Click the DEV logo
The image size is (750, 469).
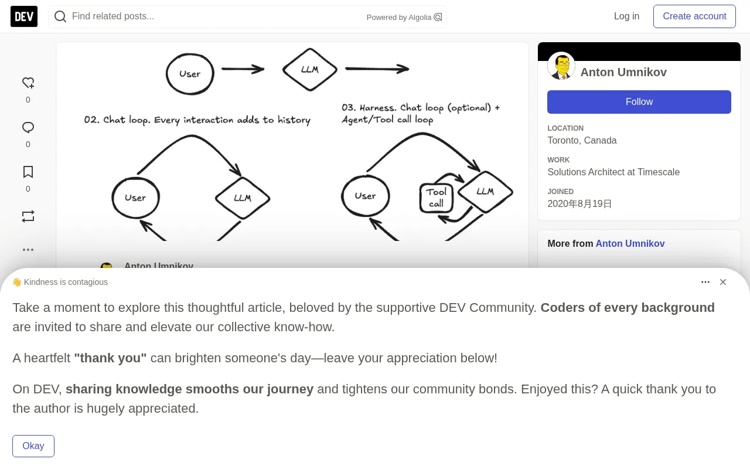coord(24,16)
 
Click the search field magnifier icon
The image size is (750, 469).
coord(60,16)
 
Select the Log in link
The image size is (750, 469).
coord(626,16)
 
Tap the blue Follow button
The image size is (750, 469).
coord(639,102)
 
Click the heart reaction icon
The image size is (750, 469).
coord(28,83)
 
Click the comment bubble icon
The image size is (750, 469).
coord(28,128)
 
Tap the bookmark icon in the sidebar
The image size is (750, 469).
coord(28,172)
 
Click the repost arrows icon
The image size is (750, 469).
coord(28,216)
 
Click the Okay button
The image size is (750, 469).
coord(33,446)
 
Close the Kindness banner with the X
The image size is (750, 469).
coord(723,282)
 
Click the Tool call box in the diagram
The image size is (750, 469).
coord(437,198)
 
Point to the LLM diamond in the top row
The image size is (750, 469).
coord(310,69)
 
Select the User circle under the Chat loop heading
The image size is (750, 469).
coord(135,198)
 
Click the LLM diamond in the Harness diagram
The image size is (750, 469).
coord(485,192)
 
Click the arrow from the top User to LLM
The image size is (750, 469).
coord(243,69)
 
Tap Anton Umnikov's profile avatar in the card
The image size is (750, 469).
coord(561,66)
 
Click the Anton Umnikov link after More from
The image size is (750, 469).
coord(630,243)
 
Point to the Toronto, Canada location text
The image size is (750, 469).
coord(582,140)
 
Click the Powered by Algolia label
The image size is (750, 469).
coord(399,18)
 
